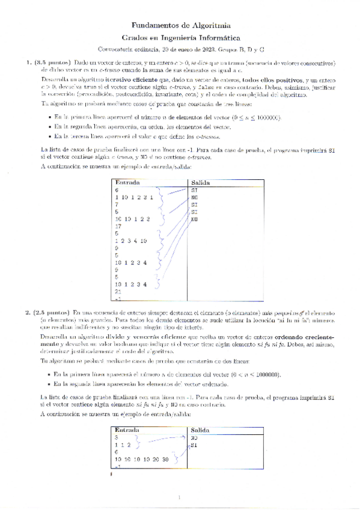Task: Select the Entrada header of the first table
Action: tap(127, 182)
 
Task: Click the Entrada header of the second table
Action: tap(127, 431)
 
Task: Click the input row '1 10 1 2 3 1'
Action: tap(134, 197)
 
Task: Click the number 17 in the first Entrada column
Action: tap(118, 226)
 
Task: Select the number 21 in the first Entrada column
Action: tap(118, 291)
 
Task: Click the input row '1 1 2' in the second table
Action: tap(123, 445)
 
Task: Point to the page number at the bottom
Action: tap(180, 497)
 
